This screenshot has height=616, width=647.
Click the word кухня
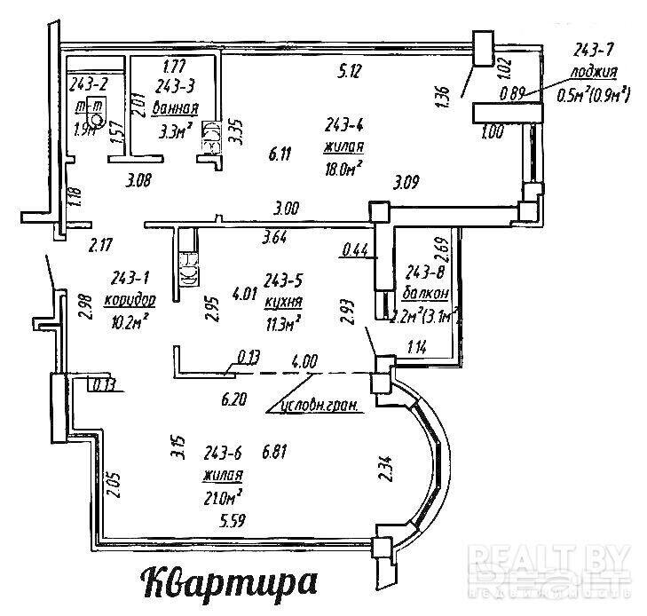280,303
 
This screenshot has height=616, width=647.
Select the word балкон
429,293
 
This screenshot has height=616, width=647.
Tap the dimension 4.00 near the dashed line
305,361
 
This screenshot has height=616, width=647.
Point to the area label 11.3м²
282,321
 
